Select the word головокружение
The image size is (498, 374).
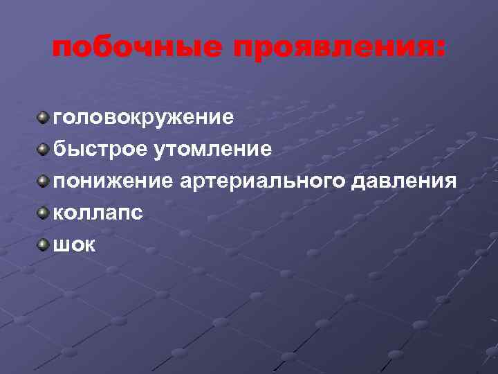[x=144, y=116]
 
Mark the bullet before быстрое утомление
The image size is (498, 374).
[x=44, y=148]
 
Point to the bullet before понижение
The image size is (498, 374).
[x=44, y=179]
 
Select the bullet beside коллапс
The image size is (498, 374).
[x=44, y=211]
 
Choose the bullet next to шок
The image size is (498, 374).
[x=44, y=243]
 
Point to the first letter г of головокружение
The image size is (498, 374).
[x=59, y=116]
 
